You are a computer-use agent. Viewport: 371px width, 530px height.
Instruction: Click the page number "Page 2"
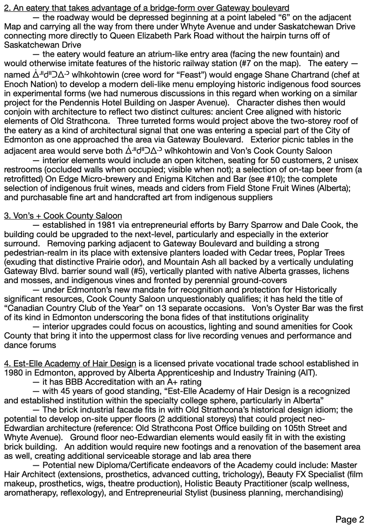pos(350,520)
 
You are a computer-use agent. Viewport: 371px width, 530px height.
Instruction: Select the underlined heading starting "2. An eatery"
pos(147,8)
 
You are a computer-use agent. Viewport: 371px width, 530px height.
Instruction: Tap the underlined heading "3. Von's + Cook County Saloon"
pos(63,215)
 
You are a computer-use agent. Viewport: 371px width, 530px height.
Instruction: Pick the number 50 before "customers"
pos(240,160)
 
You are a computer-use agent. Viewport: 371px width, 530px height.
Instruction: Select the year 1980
pos(12,373)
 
